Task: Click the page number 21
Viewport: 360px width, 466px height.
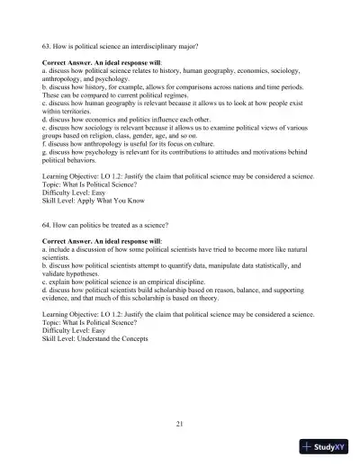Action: coord(180,422)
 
